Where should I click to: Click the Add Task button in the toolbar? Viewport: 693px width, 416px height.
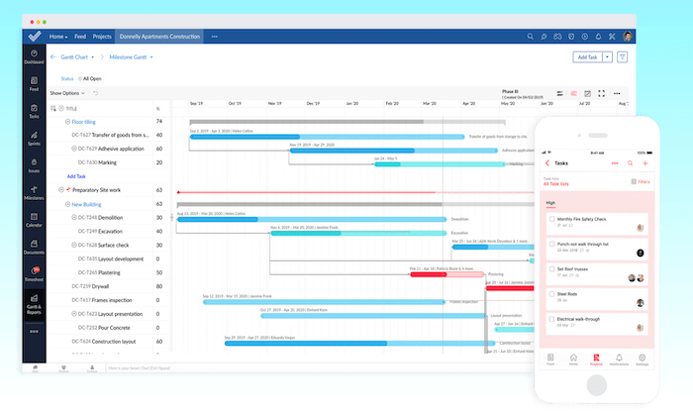click(x=586, y=57)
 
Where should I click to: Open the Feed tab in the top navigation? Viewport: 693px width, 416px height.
click(x=79, y=37)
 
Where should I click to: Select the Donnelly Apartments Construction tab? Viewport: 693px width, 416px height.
click(x=157, y=37)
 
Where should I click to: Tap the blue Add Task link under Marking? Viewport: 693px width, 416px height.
click(x=76, y=175)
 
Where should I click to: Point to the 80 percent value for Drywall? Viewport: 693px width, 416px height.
click(x=158, y=285)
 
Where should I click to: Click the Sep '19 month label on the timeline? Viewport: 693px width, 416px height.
click(x=195, y=102)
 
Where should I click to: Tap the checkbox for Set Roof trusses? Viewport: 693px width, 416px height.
click(x=550, y=268)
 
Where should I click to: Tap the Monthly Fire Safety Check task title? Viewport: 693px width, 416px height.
click(x=582, y=218)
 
